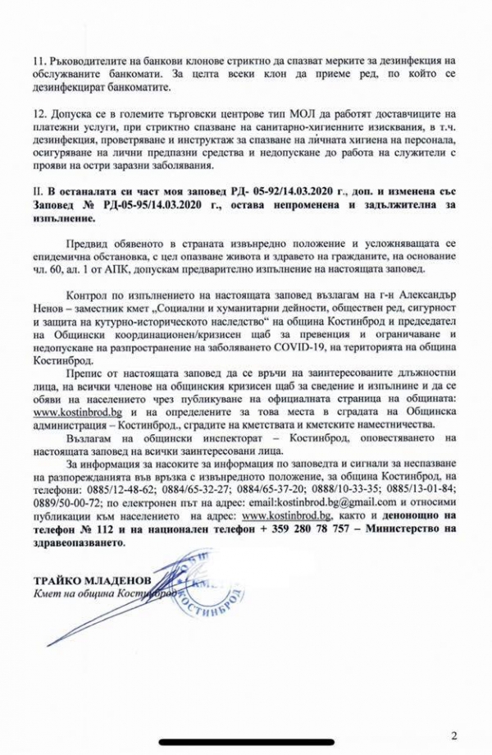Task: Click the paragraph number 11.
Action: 39,62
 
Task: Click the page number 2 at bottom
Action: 453,734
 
